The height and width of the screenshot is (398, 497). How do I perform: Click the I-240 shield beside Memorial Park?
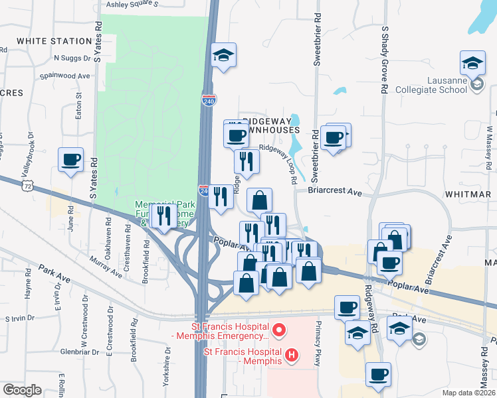(203, 191)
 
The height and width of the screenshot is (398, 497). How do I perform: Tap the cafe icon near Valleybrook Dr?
(70, 160)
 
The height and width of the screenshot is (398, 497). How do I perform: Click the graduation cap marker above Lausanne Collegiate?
(472, 64)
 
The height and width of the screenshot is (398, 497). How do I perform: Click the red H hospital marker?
(290, 356)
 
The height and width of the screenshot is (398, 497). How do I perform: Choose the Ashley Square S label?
(133, 3)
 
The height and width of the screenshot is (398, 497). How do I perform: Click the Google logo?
(22, 390)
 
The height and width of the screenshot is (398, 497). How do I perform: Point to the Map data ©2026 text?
(470, 393)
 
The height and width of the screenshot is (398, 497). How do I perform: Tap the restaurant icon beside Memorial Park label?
(163, 216)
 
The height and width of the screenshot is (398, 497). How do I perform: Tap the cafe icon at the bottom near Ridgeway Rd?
(378, 374)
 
